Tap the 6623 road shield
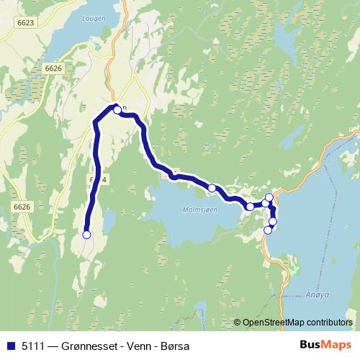[25, 23]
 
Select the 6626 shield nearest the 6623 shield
[53, 68]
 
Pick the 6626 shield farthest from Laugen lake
[22, 207]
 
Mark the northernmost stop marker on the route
[117, 110]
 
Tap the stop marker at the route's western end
[87, 235]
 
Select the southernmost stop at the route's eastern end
[268, 230]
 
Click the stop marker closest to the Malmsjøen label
[212, 189]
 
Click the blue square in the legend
[11, 346]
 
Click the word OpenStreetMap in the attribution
[275, 323]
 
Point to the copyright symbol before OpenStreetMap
[238, 323]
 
